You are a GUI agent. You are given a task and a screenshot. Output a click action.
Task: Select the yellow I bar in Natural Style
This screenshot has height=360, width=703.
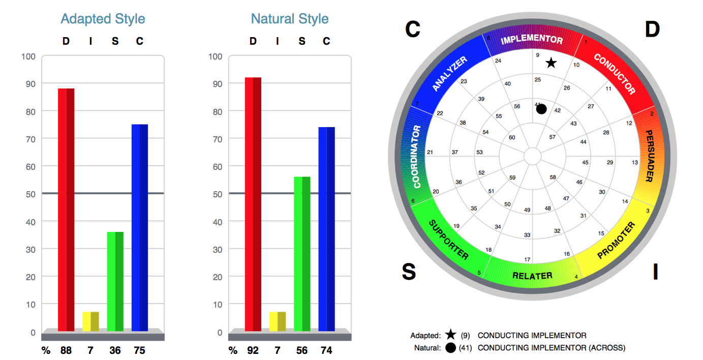pos(278,321)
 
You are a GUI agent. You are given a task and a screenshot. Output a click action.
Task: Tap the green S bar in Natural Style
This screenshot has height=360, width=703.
pos(302,254)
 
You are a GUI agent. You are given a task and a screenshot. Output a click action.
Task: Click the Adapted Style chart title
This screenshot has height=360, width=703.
pos(103,19)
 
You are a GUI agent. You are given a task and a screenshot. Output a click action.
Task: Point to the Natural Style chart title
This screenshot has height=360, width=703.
pos(290,19)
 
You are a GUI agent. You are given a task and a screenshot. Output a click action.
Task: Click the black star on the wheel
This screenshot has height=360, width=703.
pos(551,63)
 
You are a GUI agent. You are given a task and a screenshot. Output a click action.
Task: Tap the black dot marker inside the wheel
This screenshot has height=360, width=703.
pos(541,109)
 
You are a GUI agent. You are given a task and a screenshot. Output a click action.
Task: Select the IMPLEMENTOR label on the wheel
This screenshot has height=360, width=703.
pos(532,40)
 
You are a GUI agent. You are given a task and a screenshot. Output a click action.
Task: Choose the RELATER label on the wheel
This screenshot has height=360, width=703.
pos(532,276)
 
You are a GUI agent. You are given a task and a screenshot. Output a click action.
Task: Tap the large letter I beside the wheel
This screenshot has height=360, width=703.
pos(655,272)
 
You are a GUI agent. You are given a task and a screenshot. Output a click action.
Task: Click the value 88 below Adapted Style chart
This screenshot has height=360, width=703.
pos(66,350)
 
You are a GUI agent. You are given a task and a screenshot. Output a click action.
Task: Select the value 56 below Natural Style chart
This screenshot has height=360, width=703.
pos(302,350)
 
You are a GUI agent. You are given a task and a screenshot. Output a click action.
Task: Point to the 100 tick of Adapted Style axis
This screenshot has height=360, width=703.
pos(28,56)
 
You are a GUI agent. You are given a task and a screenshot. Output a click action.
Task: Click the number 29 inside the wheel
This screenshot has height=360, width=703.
pos(610,162)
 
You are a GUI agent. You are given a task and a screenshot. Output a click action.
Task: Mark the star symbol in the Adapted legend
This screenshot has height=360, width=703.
pos(450,335)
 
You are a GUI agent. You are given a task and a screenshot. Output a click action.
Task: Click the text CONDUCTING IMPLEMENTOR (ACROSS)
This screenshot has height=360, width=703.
pos(552,348)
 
